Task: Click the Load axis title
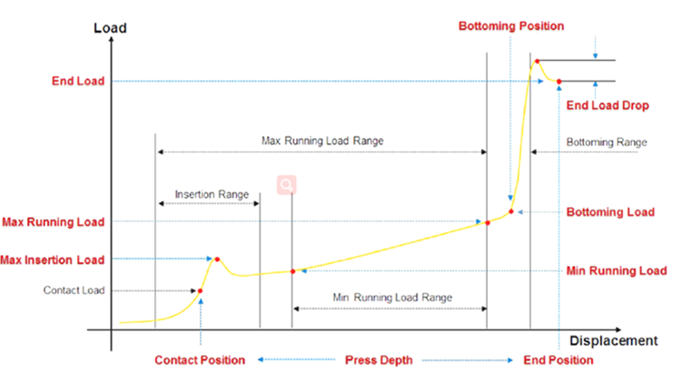pos(110,28)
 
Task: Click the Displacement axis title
pos(613,341)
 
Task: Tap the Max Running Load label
pos(53,221)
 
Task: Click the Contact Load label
pos(74,290)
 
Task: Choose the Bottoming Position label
pos(511,26)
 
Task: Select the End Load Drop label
pos(607,106)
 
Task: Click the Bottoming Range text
pos(607,142)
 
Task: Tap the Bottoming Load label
pos(610,212)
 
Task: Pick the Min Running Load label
pos(617,270)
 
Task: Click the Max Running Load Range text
pos(323,142)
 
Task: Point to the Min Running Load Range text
pos(392,297)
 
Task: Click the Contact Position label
pos(200,360)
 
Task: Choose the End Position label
pos(559,360)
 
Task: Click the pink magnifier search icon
pos(286,185)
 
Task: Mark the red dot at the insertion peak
pos(217,259)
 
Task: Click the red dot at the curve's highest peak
pos(538,62)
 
